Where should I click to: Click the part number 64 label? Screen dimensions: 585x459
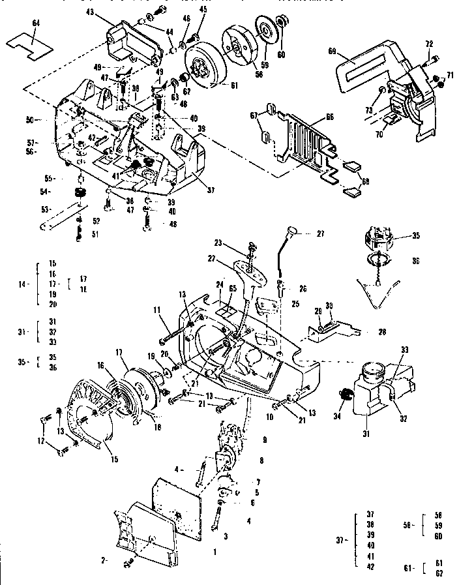(x=36, y=24)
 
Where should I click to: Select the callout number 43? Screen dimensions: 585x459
(x=90, y=13)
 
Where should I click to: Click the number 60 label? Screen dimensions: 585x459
(x=281, y=55)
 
